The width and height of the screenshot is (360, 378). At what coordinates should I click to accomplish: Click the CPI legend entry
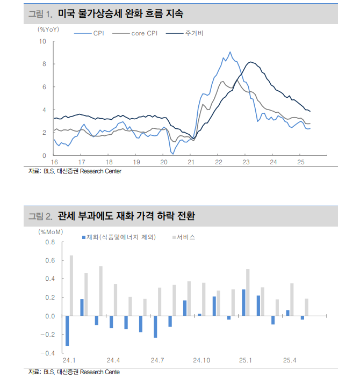(98, 33)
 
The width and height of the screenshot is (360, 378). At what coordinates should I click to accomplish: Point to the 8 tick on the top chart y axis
(45, 64)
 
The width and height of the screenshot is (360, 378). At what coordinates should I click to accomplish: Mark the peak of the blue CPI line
(230, 52)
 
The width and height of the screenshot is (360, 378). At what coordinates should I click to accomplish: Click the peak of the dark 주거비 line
(250, 63)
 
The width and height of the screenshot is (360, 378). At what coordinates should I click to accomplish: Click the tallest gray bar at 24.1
(71, 285)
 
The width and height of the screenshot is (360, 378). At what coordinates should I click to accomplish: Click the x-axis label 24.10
(201, 360)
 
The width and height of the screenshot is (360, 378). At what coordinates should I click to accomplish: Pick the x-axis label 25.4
(290, 360)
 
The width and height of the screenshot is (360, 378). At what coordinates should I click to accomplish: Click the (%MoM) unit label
(52, 232)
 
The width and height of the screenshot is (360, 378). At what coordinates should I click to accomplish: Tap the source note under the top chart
(75, 171)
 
